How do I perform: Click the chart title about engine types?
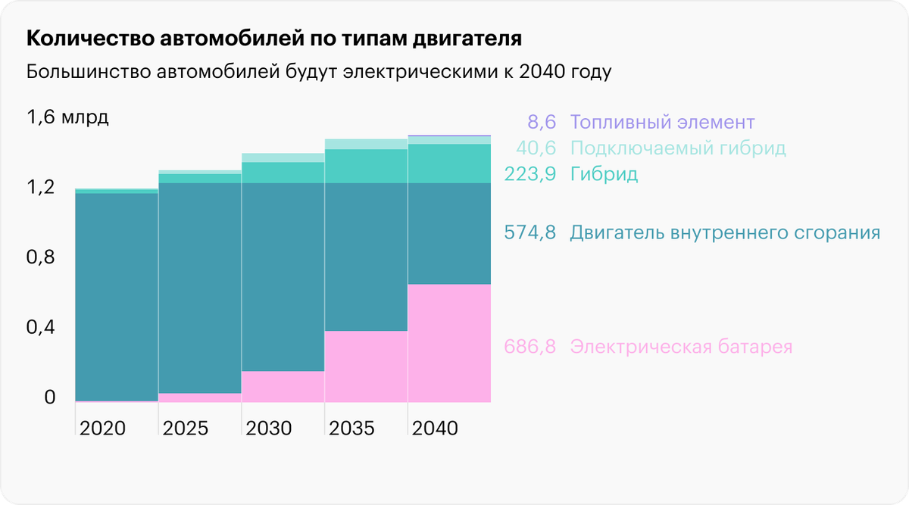274,39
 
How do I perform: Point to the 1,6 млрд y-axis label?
68,118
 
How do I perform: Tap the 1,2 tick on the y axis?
41,187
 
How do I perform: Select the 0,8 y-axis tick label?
41,257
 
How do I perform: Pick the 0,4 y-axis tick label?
41,328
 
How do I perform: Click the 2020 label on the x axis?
102,428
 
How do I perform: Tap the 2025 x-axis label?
186,428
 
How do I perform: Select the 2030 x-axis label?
269,428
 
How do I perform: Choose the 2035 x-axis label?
352,428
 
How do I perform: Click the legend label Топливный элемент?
663,122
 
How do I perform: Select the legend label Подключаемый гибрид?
678,148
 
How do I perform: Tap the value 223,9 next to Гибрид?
530,175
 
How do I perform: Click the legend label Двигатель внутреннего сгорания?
725,232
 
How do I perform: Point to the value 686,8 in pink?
530,348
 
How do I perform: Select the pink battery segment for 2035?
366,366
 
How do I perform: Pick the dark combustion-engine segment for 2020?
117,295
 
